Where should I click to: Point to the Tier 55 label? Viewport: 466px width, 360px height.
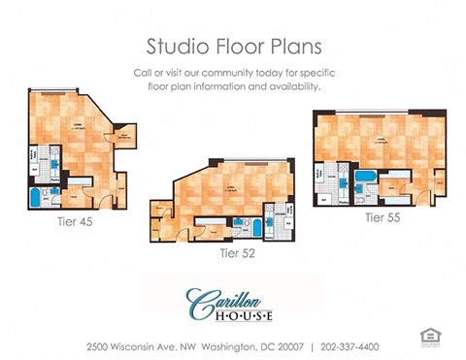tap(383, 217)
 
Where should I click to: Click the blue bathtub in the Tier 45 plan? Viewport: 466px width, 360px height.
tap(36, 199)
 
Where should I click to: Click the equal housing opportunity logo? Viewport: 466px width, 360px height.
tap(428, 337)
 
